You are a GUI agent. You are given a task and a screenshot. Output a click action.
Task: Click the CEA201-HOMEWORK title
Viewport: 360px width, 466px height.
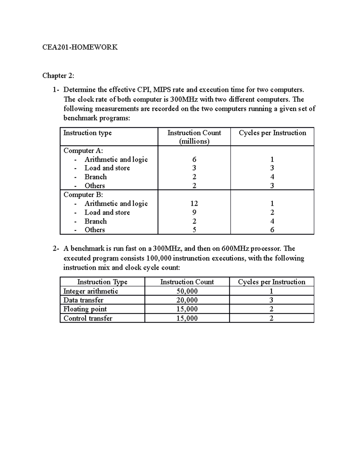point(80,47)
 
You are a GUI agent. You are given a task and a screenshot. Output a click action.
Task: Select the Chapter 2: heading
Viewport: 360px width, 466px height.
point(58,76)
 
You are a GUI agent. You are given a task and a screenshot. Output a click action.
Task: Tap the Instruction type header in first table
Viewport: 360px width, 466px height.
point(87,133)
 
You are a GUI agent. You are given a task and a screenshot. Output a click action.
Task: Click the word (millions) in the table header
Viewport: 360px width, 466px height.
point(194,141)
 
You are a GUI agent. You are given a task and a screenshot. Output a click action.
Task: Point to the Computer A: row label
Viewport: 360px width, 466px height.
point(83,151)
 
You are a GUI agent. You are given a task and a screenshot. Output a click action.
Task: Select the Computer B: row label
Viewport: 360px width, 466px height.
point(83,195)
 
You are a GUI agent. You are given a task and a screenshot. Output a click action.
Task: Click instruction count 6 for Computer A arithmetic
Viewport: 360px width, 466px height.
point(194,160)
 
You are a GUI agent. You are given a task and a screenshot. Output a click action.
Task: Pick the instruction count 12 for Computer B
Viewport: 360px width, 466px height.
point(194,203)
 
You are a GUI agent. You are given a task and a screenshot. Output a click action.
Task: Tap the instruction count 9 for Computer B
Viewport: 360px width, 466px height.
point(194,212)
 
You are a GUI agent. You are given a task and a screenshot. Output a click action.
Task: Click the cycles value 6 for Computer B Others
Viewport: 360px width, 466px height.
point(272,230)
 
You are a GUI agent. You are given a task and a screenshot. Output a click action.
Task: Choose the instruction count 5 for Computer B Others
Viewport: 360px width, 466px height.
point(194,230)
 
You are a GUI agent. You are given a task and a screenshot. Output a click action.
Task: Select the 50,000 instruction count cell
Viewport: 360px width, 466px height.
point(187,291)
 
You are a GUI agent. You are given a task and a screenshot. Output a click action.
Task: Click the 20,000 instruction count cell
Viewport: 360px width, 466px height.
point(187,300)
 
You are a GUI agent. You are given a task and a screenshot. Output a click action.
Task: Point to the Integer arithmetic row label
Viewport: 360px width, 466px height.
point(91,291)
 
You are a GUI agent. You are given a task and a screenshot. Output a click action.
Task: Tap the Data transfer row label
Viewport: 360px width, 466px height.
point(83,300)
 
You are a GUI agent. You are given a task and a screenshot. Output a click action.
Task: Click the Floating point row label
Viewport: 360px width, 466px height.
point(85,309)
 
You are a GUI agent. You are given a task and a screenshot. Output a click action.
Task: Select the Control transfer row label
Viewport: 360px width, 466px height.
point(88,318)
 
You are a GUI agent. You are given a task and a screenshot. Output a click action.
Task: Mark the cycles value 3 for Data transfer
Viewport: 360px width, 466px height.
point(271,300)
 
